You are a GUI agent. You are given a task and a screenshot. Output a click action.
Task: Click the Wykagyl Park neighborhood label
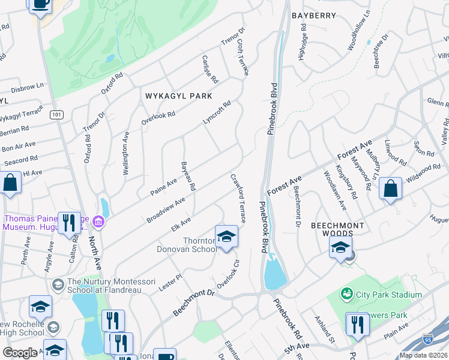[178, 95]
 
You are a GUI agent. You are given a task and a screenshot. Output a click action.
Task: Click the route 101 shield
[57, 115]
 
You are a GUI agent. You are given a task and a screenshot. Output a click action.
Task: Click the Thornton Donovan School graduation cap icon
[226, 236]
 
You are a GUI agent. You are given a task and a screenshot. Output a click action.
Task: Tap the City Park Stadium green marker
[346, 294]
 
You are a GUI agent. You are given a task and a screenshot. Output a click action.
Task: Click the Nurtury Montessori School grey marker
[58, 283]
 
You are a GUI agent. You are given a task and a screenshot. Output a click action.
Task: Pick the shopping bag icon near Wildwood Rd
[390, 188]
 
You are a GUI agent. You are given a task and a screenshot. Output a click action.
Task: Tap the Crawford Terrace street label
[238, 199]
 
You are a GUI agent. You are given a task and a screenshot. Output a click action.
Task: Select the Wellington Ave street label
[126, 154]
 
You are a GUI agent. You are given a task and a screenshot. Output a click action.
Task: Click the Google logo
[20, 353]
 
